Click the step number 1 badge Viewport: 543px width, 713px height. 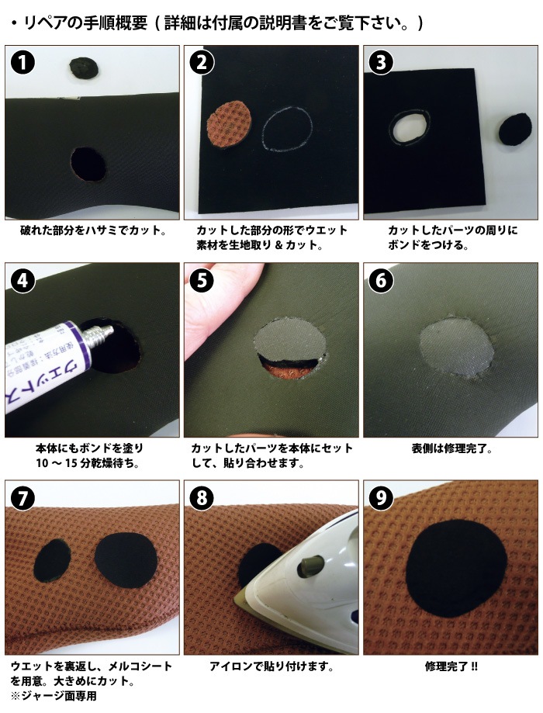pos(22,63)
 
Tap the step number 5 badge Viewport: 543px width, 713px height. pos(202,280)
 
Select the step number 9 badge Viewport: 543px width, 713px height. pos(381,498)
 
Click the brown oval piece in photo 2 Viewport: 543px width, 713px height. pos(230,123)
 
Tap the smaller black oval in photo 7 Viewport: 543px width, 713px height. pos(53,561)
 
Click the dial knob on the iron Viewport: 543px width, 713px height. pos(308,566)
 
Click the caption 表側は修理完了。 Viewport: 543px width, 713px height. pos(452,448)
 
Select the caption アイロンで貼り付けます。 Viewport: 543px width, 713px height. pos(271,667)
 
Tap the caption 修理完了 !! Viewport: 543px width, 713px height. pos(451,667)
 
